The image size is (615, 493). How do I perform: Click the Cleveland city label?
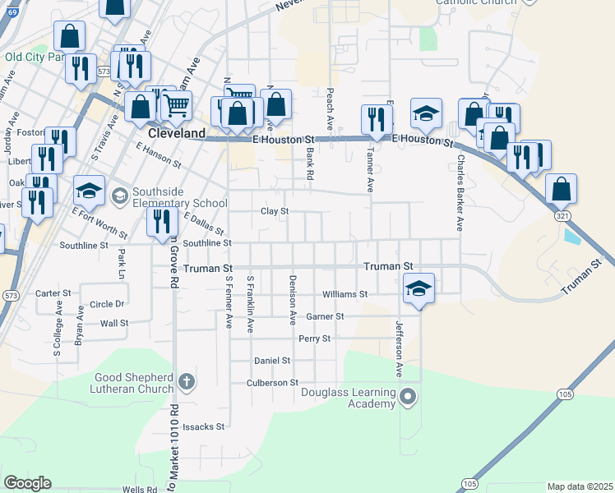point(177,133)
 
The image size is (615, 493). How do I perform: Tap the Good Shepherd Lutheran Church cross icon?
point(187,381)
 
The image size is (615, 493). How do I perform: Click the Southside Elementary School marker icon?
point(120,195)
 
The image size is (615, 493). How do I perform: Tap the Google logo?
point(27,483)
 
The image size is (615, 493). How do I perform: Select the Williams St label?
point(344,294)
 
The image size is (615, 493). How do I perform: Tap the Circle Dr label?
point(107,304)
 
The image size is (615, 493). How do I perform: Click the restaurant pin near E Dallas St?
point(161,219)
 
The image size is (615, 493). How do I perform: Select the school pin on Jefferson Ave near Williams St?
point(418,288)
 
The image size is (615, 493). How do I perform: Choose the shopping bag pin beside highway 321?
point(561,189)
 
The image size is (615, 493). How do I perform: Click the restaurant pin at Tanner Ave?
point(376,119)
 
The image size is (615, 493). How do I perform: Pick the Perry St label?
point(314,339)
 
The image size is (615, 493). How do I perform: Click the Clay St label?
point(275,211)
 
